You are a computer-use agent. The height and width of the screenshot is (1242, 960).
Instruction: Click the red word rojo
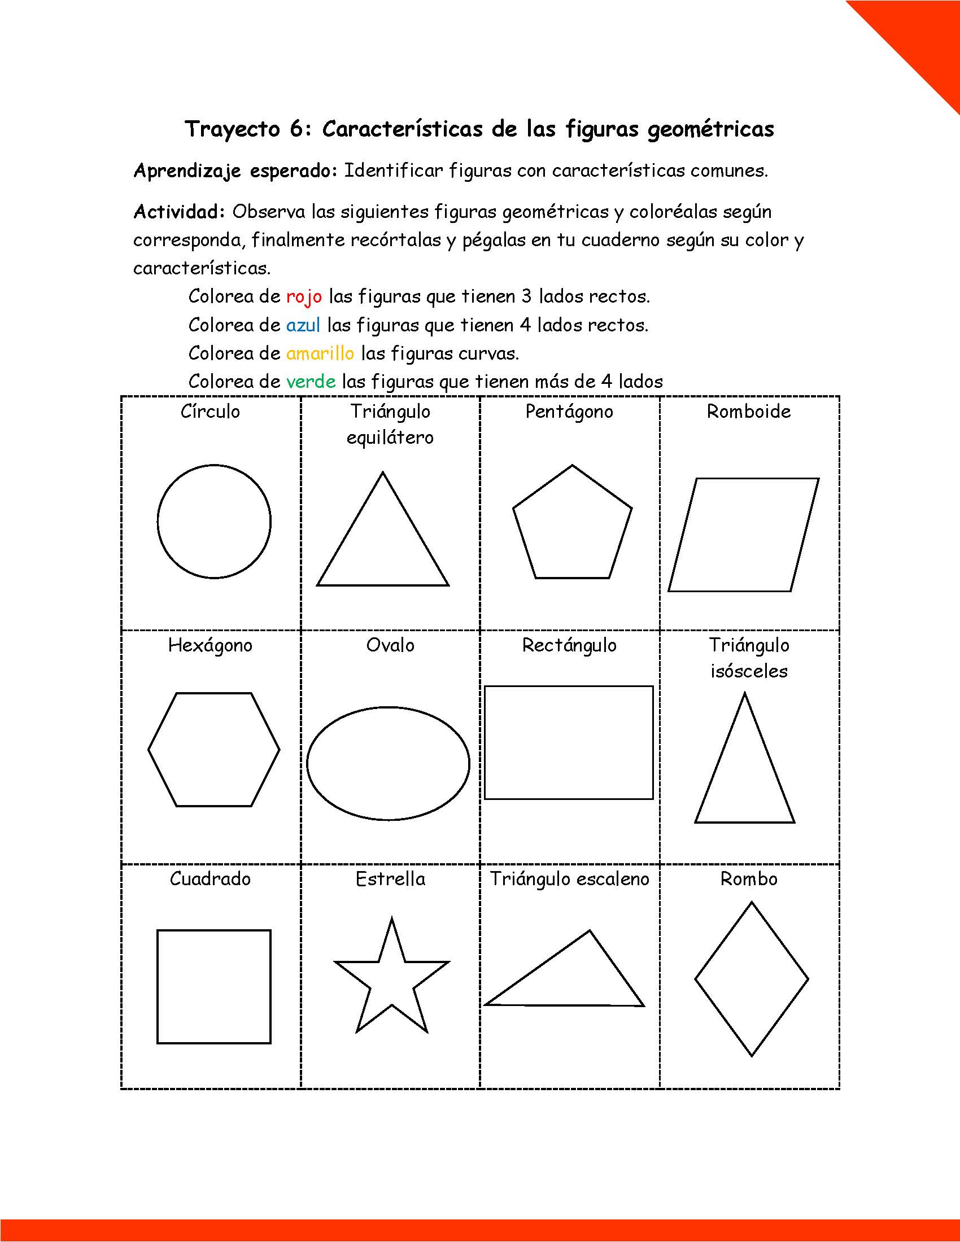tap(304, 296)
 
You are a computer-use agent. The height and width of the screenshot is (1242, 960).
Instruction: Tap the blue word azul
tap(303, 325)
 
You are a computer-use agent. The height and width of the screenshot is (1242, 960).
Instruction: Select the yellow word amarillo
tap(320, 353)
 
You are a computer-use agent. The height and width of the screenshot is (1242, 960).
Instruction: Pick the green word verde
tap(311, 381)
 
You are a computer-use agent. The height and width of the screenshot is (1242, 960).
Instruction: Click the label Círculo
tap(210, 411)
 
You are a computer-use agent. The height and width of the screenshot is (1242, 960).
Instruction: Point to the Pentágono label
tap(569, 411)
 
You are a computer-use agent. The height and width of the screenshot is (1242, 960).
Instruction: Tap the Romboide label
tap(748, 411)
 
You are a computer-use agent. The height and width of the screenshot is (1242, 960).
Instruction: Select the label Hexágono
tap(210, 645)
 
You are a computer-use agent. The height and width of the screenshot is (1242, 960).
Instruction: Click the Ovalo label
tap(390, 645)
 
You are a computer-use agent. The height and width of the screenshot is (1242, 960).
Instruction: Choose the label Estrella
tap(390, 878)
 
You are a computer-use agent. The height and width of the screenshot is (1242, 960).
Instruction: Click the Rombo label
tap(748, 878)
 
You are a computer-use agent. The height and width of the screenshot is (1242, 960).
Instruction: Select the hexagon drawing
tap(214, 749)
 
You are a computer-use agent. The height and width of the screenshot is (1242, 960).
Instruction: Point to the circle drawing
tap(214, 522)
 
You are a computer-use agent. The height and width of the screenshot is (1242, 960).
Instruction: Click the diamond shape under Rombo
tap(751, 979)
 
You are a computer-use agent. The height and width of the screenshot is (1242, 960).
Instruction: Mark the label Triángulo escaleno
tap(569, 878)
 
